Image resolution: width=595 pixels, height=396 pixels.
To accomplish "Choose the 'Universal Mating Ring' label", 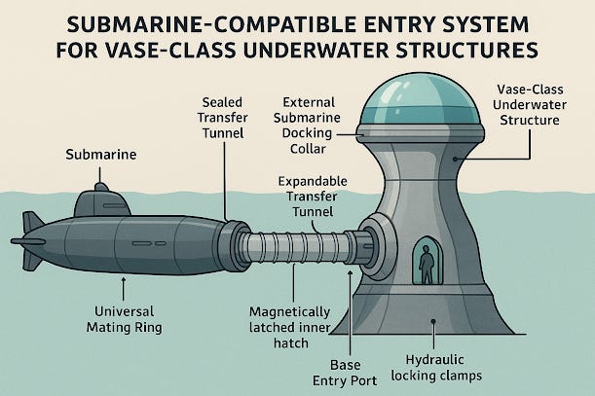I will pyautogui.click(x=123, y=321).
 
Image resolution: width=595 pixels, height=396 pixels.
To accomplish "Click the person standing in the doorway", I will pyautogui.click(x=425, y=264).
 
